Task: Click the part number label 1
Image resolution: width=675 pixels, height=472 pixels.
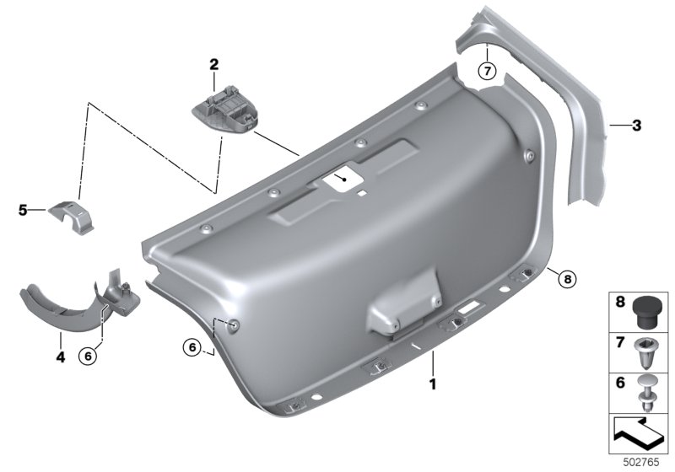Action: click(433, 383)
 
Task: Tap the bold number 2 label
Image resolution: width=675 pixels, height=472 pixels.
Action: click(214, 65)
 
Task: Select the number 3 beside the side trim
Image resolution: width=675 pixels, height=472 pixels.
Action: click(636, 126)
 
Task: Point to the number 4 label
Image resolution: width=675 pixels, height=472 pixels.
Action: click(61, 357)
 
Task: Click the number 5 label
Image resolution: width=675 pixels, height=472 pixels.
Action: click(23, 211)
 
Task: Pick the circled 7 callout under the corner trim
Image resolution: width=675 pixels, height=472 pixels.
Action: click(488, 71)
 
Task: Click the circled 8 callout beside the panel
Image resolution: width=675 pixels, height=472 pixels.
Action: click(567, 280)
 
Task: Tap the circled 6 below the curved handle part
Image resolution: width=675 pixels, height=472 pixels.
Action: click(88, 356)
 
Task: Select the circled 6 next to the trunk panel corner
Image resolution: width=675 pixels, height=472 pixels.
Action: click(192, 346)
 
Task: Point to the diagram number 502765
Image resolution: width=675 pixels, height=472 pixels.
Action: click(641, 462)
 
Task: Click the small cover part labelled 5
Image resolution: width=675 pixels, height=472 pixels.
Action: click(71, 217)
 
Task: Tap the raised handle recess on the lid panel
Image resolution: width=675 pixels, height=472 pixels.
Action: click(402, 303)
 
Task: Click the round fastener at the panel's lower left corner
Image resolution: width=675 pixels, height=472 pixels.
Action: click(235, 326)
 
